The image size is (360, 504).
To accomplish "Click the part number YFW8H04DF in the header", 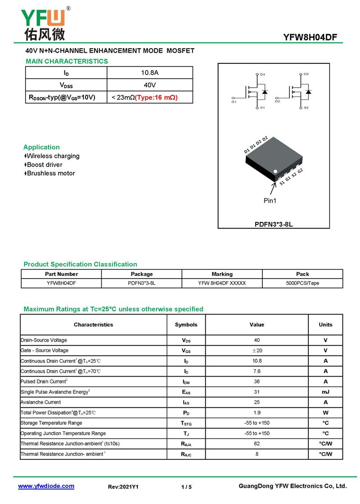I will [310, 37].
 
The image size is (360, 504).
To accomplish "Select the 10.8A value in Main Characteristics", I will [150, 72].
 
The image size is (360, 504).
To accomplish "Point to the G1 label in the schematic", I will [234, 102].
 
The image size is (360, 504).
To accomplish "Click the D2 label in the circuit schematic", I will [306, 74].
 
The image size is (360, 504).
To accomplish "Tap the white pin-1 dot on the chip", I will [276, 171].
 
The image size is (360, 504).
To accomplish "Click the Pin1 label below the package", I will [270, 201].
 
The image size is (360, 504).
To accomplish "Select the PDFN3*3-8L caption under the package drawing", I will [274, 224].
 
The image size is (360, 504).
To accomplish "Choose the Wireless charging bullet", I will [53, 156].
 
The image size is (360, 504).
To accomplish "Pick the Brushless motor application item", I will [50, 173].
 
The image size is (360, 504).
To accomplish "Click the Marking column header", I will [222, 274].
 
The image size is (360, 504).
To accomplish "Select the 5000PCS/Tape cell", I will [302, 283].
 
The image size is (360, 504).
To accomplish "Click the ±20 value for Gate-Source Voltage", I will [256, 351].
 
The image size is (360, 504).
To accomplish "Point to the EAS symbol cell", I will [186, 392].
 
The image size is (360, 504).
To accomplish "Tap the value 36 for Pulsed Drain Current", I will [256, 382].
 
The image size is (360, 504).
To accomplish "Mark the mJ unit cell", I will [325, 392].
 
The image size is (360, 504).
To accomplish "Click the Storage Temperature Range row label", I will [51, 423].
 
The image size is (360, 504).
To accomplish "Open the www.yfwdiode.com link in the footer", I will [46, 486].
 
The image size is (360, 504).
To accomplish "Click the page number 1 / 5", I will [186, 487].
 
